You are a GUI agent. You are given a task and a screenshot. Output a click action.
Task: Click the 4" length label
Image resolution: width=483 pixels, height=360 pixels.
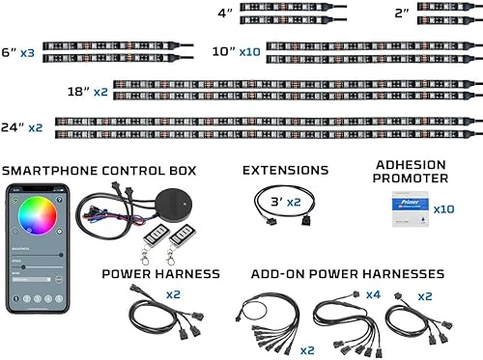[225, 14]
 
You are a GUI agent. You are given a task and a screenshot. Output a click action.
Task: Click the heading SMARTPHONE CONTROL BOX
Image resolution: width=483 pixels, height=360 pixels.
[99, 171]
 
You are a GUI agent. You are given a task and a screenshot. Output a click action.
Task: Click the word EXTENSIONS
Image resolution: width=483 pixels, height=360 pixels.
[285, 171]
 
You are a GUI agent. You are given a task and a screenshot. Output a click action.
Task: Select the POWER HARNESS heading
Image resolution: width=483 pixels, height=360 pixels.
[158, 273]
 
